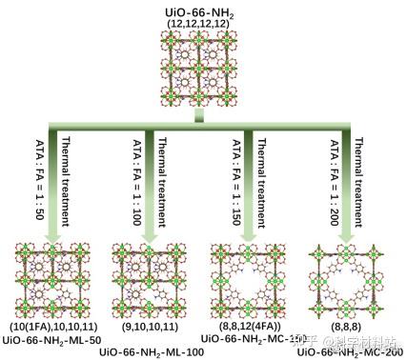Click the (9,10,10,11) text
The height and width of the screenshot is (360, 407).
coord(149,327)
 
